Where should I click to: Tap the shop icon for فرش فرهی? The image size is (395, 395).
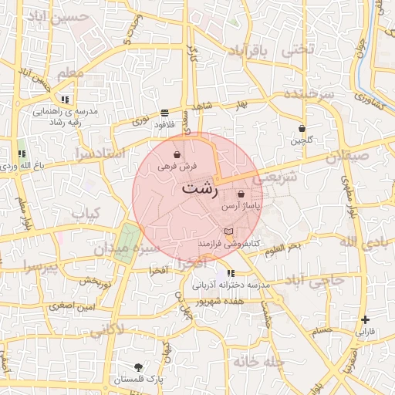[x=178, y=155]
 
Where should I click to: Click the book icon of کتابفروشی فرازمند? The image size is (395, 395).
[x=227, y=231]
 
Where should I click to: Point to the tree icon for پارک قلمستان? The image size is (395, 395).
[x=138, y=367]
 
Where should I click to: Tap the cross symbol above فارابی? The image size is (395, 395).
[x=365, y=319]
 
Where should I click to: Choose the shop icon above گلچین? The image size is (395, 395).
[x=302, y=129]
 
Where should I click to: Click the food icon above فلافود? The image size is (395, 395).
[x=164, y=113]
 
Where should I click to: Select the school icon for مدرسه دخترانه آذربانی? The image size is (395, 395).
[x=231, y=273]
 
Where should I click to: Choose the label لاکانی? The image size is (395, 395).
[x=106, y=332]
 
